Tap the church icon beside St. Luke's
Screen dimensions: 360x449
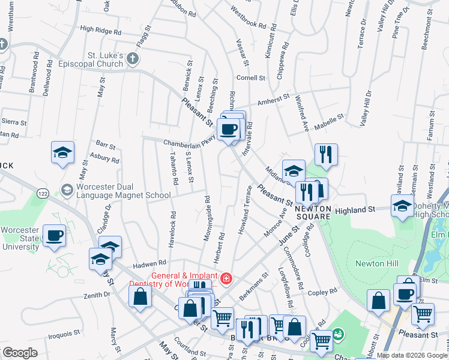pos(133,58)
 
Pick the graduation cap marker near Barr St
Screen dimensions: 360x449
pos(62,152)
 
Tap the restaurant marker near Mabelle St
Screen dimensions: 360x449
pos(325,154)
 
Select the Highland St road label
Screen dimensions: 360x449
pos(355,209)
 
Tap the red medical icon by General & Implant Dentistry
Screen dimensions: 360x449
pos(226,278)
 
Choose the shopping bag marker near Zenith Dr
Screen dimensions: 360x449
pos(140,296)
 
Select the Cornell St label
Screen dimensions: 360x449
pos(250,78)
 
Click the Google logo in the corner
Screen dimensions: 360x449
pos(20,353)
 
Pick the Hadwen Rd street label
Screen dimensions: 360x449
pos(149,263)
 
